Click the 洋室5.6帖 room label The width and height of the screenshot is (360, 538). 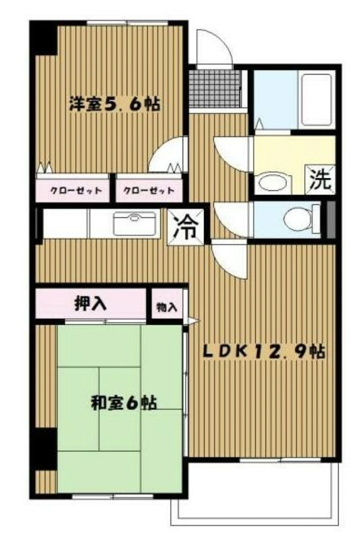[x=115, y=104]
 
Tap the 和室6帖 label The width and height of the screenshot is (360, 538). [x=124, y=403]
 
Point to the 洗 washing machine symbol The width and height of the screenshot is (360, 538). [x=319, y=180]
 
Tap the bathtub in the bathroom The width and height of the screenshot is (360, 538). [x=316, y=99]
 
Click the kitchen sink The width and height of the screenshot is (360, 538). [x=135, y=223]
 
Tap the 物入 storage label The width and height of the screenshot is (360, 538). [x=166, y=308]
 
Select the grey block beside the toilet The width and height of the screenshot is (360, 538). [x=329, y=219]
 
